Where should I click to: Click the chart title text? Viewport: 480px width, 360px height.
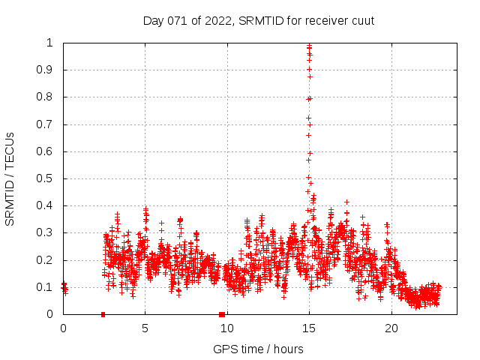click(259, 20)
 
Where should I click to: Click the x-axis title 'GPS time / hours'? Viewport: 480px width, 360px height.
click(258, 349)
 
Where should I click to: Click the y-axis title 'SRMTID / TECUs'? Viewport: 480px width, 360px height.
click(10, 178)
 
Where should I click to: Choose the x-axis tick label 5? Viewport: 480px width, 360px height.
click(145, 328)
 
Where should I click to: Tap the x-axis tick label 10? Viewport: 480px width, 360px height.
click(226, 328)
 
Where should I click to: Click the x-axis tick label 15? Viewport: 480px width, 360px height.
click(309, 328)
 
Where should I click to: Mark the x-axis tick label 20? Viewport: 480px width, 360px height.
click(391, 328)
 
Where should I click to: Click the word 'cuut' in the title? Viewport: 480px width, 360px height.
click(362, 20)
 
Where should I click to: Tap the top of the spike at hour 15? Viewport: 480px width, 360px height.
click(309, 46)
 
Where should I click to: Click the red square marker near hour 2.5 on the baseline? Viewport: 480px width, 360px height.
click(103, 314)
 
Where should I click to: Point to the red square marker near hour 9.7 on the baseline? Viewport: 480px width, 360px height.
click(222, 314)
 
